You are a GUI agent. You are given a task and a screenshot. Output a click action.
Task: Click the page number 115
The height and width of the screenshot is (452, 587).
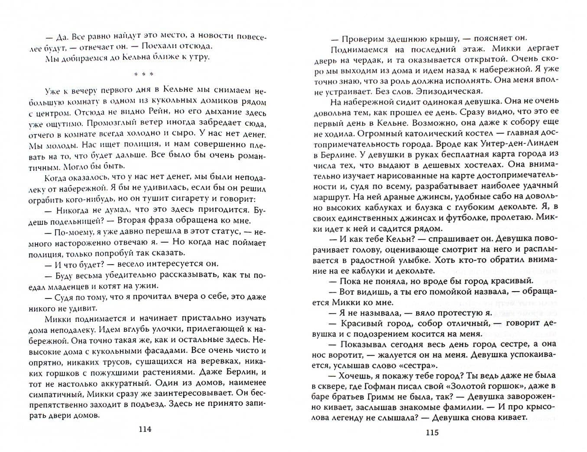(432, 432)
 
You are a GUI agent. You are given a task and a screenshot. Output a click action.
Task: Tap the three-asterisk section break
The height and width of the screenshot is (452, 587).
(143, 74)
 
